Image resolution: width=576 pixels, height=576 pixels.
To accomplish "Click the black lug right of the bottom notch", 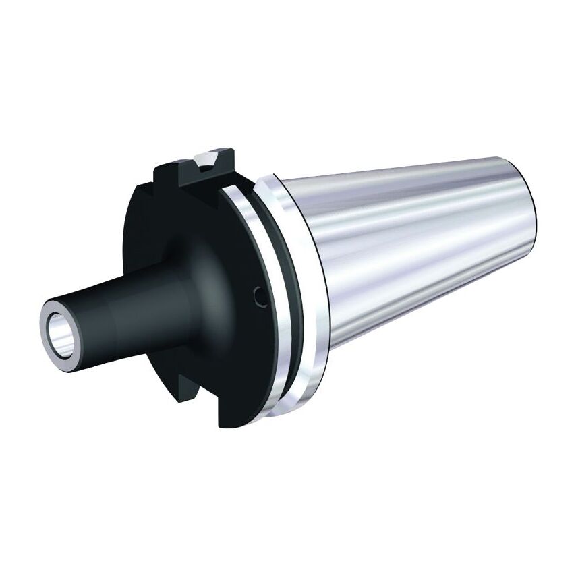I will pyautogui.click(x=229, y=411).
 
